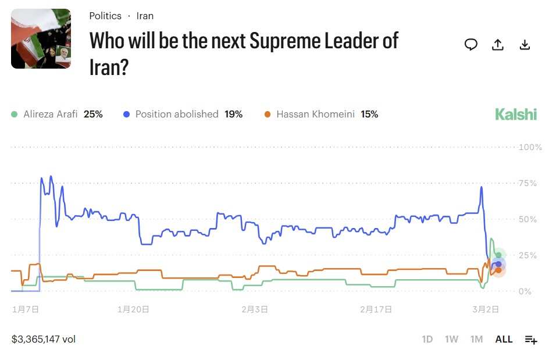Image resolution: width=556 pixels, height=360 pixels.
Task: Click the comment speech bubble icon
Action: pyautogui.click(x=471, y=45)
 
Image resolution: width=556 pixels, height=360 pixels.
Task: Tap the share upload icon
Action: pyautogui.click(x=498, y=45)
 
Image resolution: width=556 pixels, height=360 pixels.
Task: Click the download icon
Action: pyautogui.click(x=525, y=45)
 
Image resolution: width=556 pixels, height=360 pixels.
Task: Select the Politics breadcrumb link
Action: pyautogui.click(x=105, y=16)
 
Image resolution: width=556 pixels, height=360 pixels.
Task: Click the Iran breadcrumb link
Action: pyautogui.click(x=145, y=16)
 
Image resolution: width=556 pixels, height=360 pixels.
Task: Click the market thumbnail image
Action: pyautogui.click(x=41, y=38)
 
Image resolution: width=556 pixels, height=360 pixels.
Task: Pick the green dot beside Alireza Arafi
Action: pyautogui.click(x=15, y=114)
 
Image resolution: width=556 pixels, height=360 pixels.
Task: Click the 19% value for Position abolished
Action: pyautogui.click(x=233, y=114)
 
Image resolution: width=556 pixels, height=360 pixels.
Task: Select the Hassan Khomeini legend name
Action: pyautogui.click(x=315, y=114)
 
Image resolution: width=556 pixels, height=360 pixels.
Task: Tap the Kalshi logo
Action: pyautogui.click(x=516, y=114)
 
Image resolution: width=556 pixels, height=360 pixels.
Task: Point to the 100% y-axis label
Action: pyautogui.click(x=530, y=147)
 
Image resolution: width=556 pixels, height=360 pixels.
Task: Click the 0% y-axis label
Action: pyautogui.click(x=525, y=291)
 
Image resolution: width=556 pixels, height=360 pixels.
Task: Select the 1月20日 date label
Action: pyautogui.click(x=133, y=309)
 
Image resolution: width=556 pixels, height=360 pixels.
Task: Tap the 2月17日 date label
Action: pyautogui.click(x=375, y=309)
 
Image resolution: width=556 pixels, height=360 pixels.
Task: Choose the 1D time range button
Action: pyautogui.click(x=427, y=339)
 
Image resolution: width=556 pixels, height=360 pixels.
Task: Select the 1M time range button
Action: pyautogui.click(x=476, y=339)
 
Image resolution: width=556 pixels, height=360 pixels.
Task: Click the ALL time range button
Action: pyautogui.click(x=504, y=339)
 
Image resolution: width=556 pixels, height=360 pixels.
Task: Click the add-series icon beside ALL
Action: pyautogui.click(x=531, y=340)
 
